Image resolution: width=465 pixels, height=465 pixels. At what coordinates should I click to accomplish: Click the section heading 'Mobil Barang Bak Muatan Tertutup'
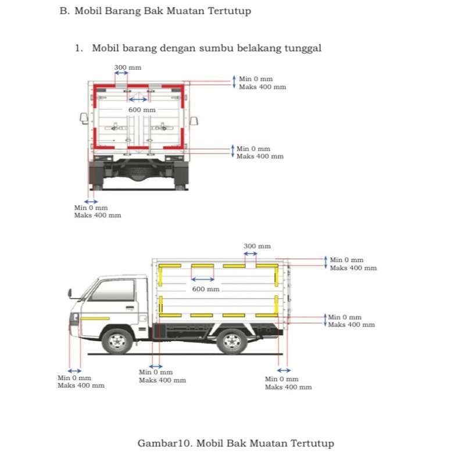[163, 11]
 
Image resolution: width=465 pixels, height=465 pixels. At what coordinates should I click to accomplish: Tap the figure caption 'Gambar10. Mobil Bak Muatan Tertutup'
[235, 443]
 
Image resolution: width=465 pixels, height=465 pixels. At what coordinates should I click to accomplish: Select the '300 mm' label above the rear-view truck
[127, 67]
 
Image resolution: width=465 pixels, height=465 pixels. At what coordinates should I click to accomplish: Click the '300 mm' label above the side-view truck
[257, 246]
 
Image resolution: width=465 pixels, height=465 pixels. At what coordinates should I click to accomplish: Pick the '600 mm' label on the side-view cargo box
[206, 289]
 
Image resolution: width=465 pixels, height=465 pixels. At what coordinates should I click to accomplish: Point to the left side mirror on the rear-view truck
[84, 119]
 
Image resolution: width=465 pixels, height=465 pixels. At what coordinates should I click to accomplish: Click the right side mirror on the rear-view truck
[194, 120]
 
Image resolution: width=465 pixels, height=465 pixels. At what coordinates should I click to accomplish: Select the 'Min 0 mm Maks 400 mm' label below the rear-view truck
[97, 212]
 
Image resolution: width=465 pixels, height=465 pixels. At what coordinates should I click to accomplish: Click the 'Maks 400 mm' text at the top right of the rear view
[262, 87]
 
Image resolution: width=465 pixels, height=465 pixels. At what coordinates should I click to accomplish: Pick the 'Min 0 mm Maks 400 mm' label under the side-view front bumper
[81, 382]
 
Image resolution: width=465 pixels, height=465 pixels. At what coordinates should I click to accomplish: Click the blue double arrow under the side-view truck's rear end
[284, 370]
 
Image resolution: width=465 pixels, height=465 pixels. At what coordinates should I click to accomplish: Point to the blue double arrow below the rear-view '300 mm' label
[121, 74]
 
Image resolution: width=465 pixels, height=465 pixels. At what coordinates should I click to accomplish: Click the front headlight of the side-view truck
[74, 319]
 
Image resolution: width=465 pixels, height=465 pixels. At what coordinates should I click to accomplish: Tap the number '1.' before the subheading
[79, 48]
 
